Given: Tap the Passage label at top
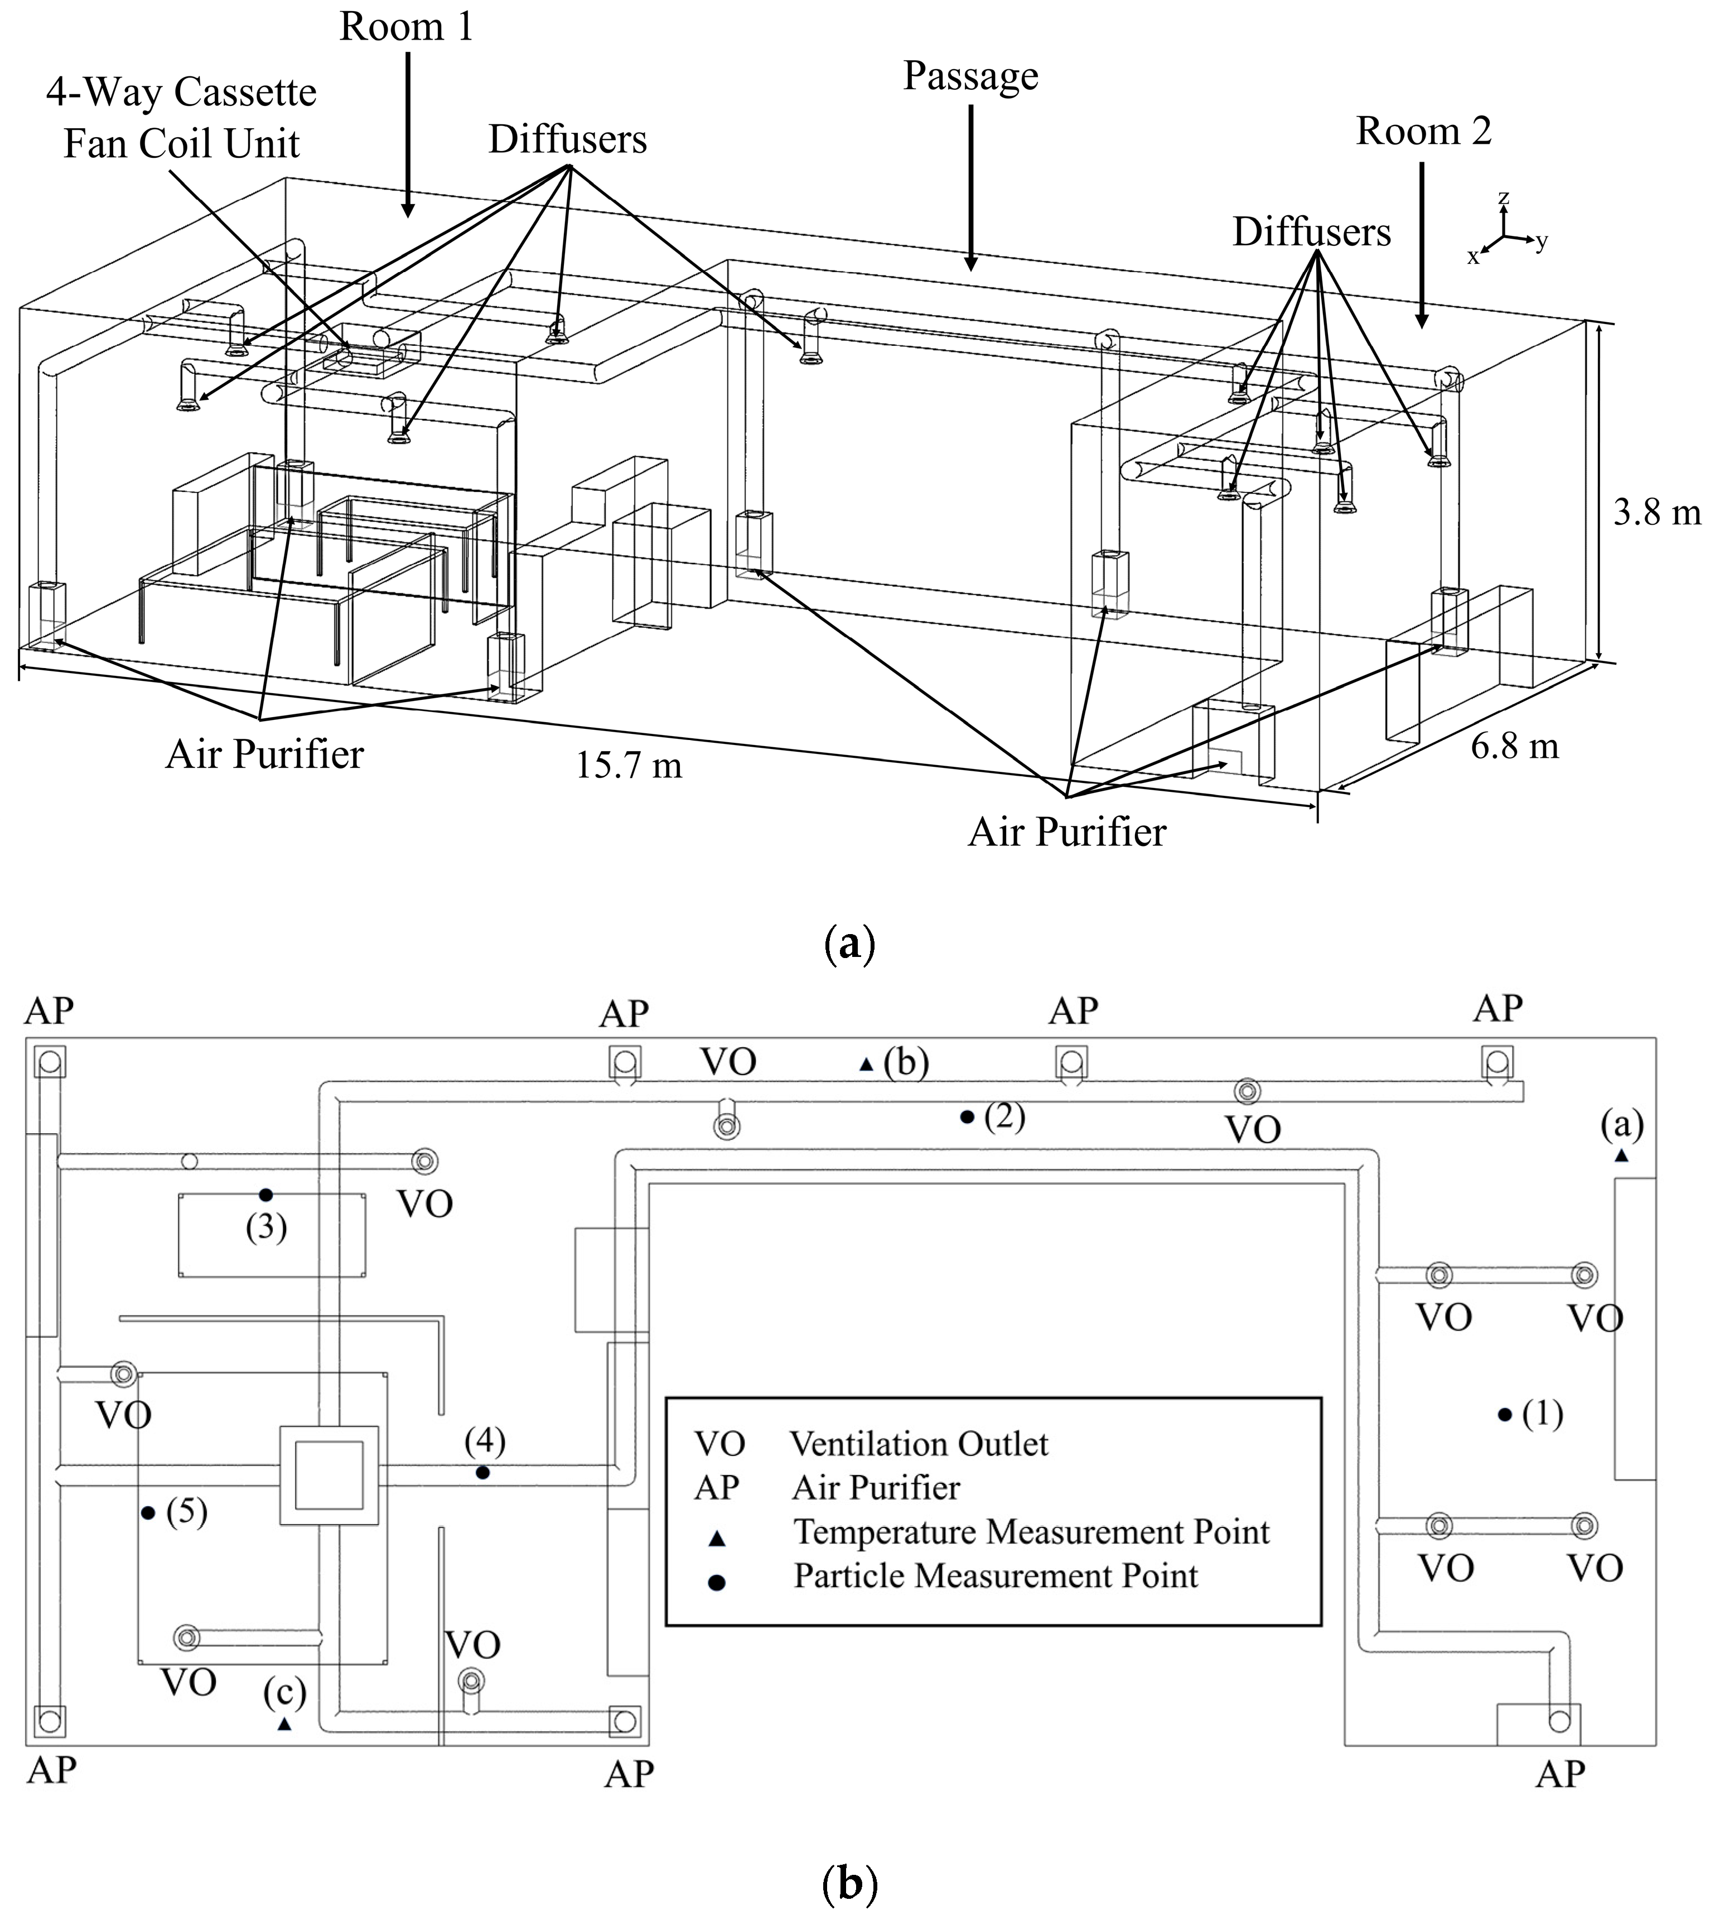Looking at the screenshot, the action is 970,76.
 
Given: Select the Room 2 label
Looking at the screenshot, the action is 1423,132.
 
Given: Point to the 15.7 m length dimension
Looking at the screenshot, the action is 629,766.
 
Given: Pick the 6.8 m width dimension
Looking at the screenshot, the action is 1514,747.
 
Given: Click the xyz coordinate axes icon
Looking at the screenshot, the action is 1506,231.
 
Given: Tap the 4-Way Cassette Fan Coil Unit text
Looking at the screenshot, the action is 181,118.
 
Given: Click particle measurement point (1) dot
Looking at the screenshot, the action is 1504,1414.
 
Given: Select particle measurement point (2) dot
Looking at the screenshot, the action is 966,1116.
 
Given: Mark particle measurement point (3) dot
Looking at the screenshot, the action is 266,1195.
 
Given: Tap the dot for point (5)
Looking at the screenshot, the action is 147,1512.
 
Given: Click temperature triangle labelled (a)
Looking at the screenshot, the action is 1621,1156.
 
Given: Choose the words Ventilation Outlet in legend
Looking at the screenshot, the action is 918,1444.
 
